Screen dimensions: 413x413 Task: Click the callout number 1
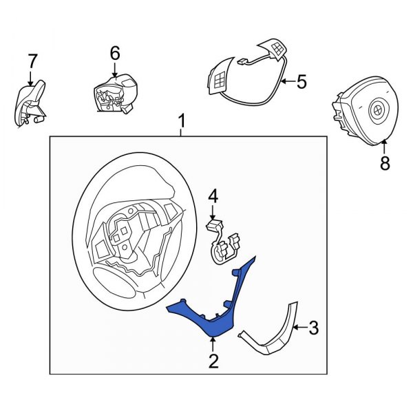tap(182, 123)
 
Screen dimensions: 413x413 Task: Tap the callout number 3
tap(313, 328)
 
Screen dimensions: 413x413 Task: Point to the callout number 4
tap(213, 197)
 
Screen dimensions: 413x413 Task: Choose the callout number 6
tap(115, 53)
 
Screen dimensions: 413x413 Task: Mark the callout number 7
tap(32, 61)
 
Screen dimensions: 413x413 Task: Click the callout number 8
tap(384, 163)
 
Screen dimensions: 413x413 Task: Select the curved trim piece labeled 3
tap(275, 330)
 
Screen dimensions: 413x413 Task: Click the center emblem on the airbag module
tap(378, 108)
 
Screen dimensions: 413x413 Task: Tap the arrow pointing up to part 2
tap(213, 344)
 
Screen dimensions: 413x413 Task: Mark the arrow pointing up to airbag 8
tap(384, 146)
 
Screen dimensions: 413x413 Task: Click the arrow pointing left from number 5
tap(288, 82)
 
